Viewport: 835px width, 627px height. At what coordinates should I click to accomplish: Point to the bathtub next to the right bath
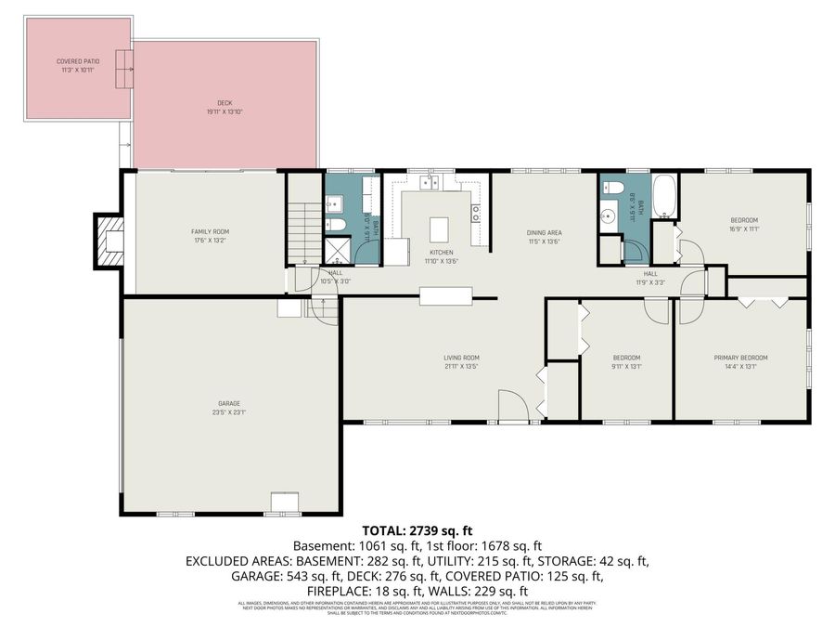[664, 196]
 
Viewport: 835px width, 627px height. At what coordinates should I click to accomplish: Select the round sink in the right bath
[610, 219]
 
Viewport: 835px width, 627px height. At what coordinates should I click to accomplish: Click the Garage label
[229, 403]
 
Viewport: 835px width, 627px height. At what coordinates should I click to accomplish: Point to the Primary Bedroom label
[740, 358]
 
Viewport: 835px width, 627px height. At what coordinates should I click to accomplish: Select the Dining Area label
[545, 232]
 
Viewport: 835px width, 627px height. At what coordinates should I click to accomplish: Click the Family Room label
[210, 231]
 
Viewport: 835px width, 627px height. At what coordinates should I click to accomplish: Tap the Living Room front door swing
[512, 406]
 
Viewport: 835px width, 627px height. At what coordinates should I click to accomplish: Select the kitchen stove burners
[476, 213]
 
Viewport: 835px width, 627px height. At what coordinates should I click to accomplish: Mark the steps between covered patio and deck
[124, 68]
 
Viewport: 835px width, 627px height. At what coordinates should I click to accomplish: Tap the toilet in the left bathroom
[336, 225]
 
